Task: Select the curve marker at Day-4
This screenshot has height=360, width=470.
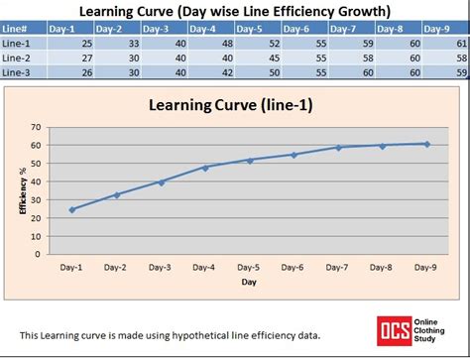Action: pos(205,168)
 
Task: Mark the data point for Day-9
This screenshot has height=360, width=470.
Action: pos(427,144)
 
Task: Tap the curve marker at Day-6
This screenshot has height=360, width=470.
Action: pos(294,155)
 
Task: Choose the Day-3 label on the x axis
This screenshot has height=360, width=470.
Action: pos(162,267)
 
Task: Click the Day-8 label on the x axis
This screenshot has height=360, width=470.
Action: pos(383,267)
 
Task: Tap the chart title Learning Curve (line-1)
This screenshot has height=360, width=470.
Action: pos(230,106)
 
